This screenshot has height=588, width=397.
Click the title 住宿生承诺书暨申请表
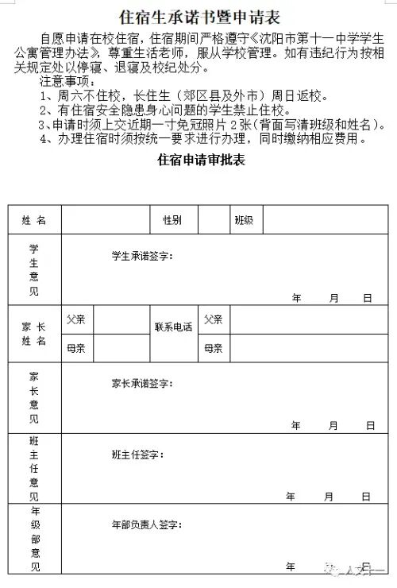198,16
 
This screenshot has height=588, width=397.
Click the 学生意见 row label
34,269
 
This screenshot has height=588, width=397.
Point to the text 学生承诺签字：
142,256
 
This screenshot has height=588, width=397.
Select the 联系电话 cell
173,327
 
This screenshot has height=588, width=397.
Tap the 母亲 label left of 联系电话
76,348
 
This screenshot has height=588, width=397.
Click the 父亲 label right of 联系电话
213,319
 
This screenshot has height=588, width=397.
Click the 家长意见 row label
34,397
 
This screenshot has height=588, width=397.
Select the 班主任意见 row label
34,468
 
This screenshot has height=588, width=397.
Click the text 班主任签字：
138,455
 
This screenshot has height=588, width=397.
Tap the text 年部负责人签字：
147,525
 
